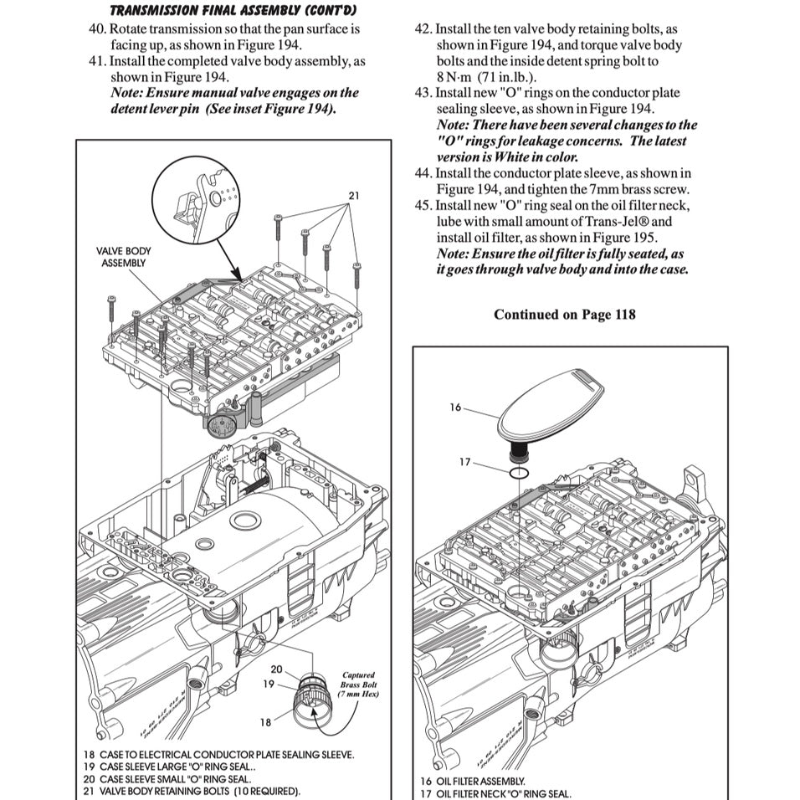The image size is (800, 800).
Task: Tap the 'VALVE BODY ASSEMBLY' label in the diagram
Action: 124,257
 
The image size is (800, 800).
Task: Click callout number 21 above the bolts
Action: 354,195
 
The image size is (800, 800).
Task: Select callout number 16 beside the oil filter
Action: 455,408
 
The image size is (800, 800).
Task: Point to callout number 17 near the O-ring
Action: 465,461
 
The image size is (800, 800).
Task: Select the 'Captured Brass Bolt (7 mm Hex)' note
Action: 359,684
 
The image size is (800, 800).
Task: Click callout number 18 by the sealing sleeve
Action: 265,721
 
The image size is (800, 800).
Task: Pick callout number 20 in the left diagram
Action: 276,669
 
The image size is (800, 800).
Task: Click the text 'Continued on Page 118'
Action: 564,315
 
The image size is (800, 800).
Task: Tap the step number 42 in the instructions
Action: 423,28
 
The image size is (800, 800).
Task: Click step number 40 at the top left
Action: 97,28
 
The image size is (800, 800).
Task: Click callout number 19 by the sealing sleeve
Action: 268,684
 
